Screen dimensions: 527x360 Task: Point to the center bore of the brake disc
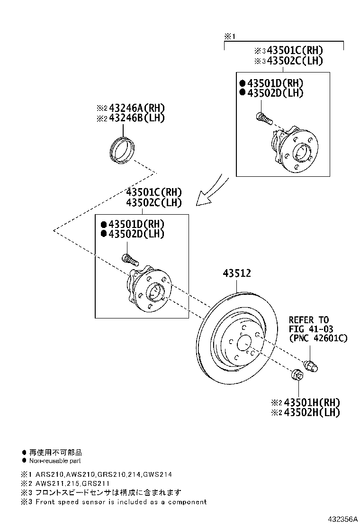(244, 344)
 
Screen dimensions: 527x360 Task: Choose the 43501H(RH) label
(312, 402)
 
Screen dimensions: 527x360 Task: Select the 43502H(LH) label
(312, 413)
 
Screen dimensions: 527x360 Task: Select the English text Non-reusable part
(55, 460)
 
